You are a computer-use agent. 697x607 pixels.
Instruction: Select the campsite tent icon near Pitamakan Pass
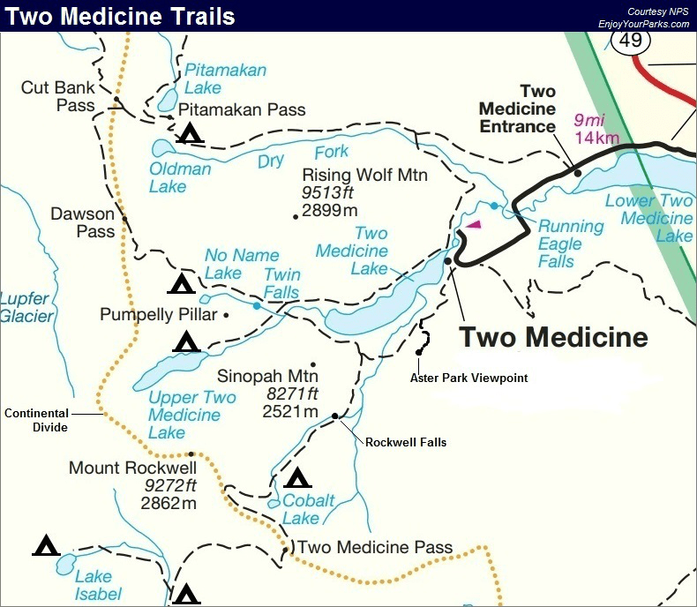point(190,133)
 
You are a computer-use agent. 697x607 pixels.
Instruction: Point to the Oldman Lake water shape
point(162,147)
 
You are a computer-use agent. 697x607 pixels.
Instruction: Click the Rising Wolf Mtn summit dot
point(295,216)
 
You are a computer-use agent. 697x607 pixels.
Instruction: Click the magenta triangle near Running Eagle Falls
point(474,225)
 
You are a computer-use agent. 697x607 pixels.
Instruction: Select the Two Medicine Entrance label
point(518,109)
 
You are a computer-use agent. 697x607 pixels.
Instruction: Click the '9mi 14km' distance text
point(596,129)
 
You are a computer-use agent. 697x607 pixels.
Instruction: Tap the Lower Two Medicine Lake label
point(649,218)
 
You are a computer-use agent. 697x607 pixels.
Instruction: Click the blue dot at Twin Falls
point(256,306)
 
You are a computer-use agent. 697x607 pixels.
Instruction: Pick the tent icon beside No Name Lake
point(181,283)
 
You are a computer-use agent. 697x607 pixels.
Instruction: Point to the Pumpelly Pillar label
point(158,315)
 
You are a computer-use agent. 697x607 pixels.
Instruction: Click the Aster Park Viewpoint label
point(469,378)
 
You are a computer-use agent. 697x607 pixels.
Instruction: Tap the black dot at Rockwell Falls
point(335,416)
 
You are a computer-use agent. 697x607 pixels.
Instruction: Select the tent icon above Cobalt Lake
point(297,478)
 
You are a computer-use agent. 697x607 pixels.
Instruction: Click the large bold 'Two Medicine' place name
point(554,337)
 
